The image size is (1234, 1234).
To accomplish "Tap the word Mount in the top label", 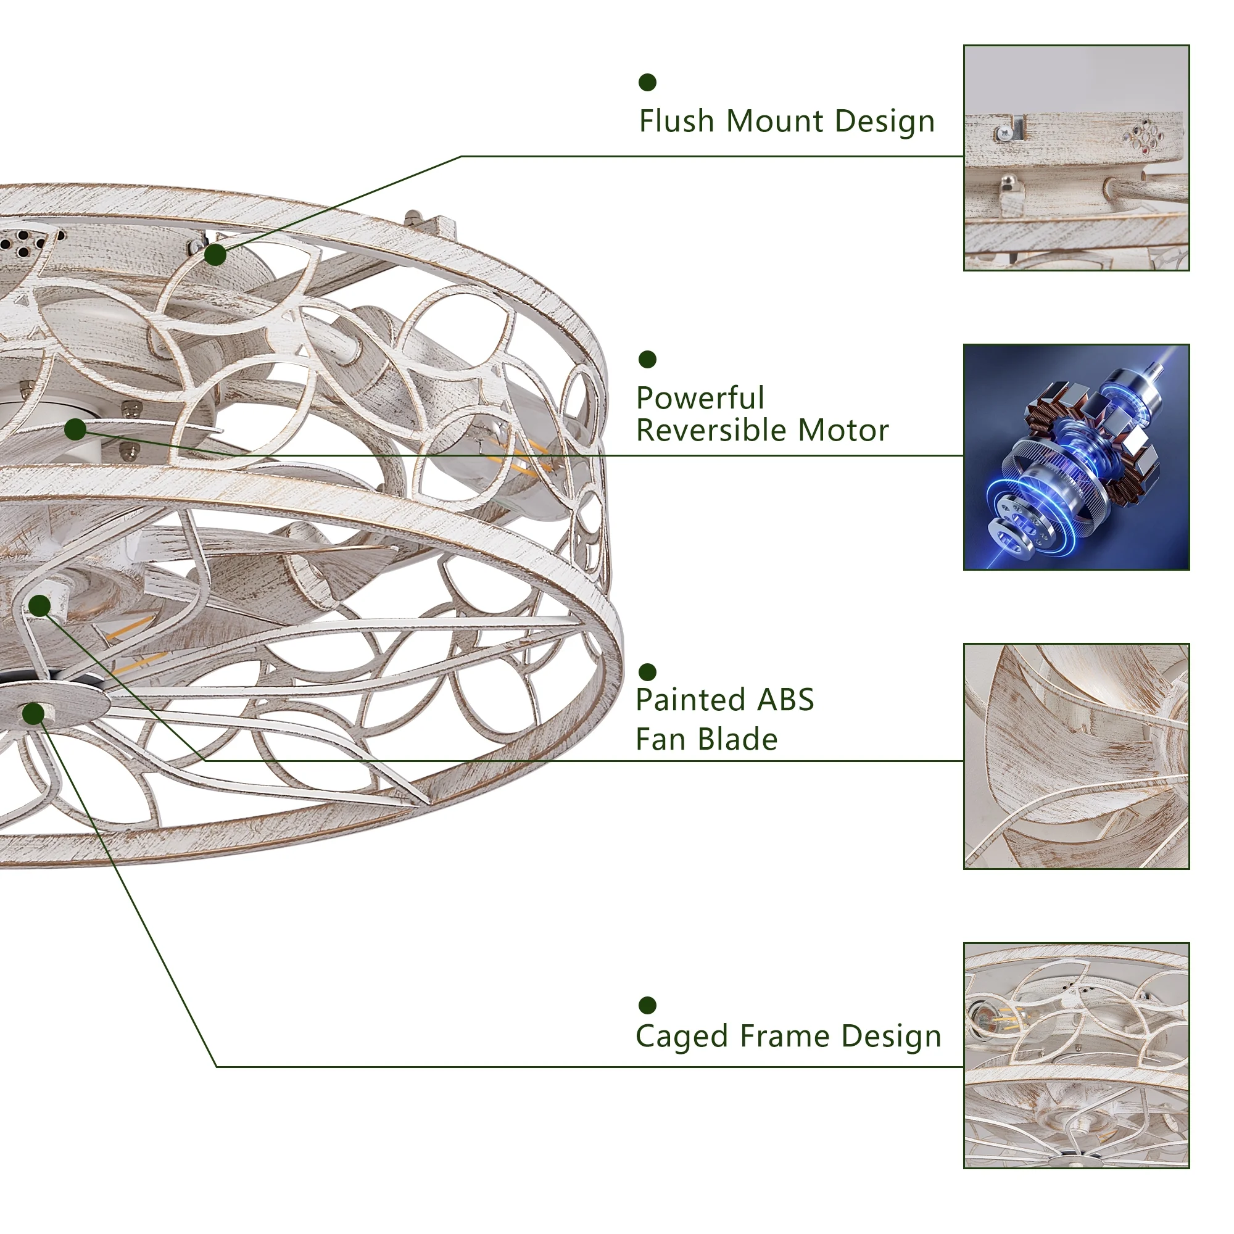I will click(x=776, y=122).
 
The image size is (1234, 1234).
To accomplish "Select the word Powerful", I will click(x=700, y=399).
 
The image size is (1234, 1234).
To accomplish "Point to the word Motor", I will click(x=843, y=431).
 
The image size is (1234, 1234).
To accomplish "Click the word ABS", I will click(x=785, y=700).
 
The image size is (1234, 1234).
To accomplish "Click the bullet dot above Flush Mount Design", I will click(x=648, y=83).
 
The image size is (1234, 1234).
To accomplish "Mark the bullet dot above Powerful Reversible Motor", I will click(x=648, y=360).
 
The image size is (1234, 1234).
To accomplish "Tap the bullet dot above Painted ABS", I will click(x=648, y=672).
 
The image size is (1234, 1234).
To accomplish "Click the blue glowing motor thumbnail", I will click(x=1076, y=457).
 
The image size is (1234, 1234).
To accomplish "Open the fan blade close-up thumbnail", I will click(x=1076, y=756).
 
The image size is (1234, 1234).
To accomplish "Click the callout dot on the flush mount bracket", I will click(x=215, y=255).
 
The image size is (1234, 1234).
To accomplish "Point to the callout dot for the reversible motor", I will click(x=75, y=429).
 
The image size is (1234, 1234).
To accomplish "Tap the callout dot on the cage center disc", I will click(x=33, y=713).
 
